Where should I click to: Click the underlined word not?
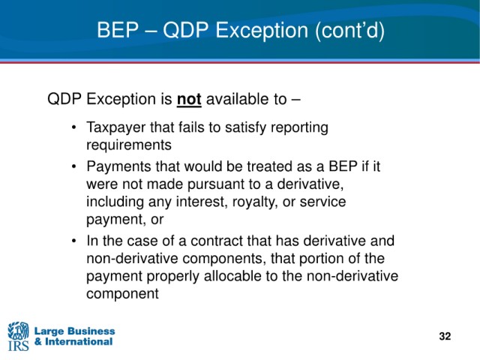click(189, 100)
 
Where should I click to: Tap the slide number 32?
click(445, 336)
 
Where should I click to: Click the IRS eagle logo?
click(18, 336)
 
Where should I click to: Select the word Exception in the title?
click(262, 30)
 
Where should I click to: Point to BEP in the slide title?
click(118, 30)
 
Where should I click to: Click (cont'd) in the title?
click(349, 31)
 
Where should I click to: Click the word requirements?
click(129, 145)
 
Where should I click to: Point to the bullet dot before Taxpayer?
click(73, 127)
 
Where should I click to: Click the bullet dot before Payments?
click(73, 166)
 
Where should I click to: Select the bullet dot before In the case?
click(73, 241)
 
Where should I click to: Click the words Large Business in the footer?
click(74, 331)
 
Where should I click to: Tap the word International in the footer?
click(79, 341)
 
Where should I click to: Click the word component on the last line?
click(122, 294)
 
